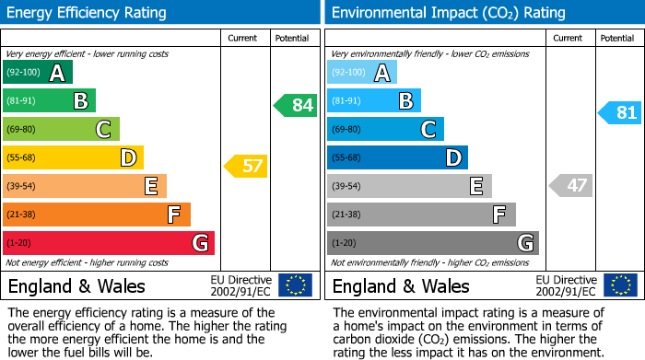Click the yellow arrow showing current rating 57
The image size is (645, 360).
click(x=245, y=167)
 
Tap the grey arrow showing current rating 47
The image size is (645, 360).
click(x=569, y=185)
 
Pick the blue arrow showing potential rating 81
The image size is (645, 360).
click(x=619, y=113)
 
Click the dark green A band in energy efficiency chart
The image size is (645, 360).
click(x=38, y=73)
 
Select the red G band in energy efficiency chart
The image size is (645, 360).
click(x=109, y=243)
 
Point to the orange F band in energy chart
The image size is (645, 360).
click(x=97, y=215)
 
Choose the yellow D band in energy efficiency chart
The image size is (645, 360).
click(x=73, y=157)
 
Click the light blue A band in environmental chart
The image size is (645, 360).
click(x=362, y=73)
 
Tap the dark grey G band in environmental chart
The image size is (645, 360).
click(x=433, y=243)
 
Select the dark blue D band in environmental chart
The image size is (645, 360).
click(x=397, y=157)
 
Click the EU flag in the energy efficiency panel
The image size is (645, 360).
click(x=295, y=285)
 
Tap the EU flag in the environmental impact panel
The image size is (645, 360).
click(x=619, y=285)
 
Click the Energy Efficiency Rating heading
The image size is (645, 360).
click(x=88, y=13)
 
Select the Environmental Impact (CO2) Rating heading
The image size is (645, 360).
click(x=448, y=13)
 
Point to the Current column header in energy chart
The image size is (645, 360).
click(x=244, y=38)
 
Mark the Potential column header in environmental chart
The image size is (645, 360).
click(x=616, y=38)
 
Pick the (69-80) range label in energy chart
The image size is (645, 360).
click(x=22, y=129)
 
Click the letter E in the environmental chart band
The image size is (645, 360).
click(x=476, y=186)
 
